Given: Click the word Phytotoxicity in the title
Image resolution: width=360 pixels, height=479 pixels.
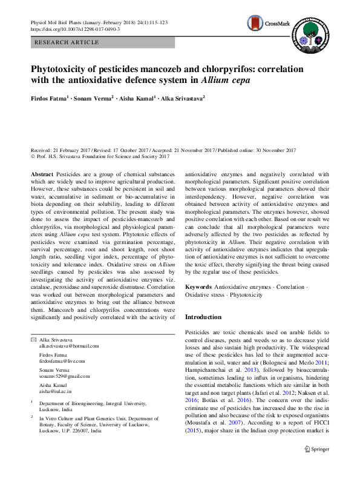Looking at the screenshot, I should click(64, 69).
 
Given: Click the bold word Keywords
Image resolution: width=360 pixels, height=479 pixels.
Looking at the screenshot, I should click(198, 285).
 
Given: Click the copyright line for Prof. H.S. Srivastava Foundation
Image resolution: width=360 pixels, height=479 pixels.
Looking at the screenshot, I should click(99, 156).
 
